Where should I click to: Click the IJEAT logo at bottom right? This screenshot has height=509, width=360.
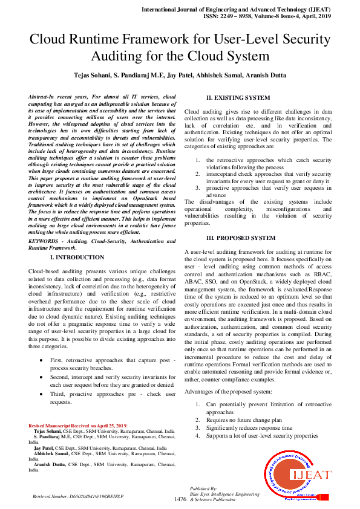297,475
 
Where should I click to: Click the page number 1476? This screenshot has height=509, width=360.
180,499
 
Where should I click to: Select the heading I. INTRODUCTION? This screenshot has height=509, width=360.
76,258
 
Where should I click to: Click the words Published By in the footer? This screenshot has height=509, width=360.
203,487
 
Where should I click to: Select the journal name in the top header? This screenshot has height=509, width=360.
236,10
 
